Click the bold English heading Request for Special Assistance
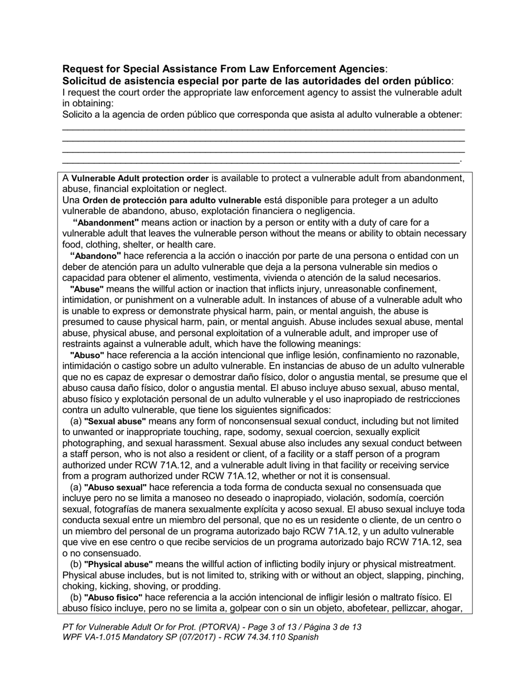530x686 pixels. tap(224, 69)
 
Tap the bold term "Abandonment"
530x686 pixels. tap(105, 223)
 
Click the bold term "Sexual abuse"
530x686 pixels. tap(115, 421)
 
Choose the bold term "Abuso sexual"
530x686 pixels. tap(115, 487)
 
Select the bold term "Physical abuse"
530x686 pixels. tap(118, 564)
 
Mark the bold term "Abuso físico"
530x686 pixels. tap(113, 597)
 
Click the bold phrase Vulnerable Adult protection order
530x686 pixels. tap(139, 178)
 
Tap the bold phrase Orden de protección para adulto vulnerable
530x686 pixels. tap(172, 200)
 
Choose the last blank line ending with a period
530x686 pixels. tap(261, 162)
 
